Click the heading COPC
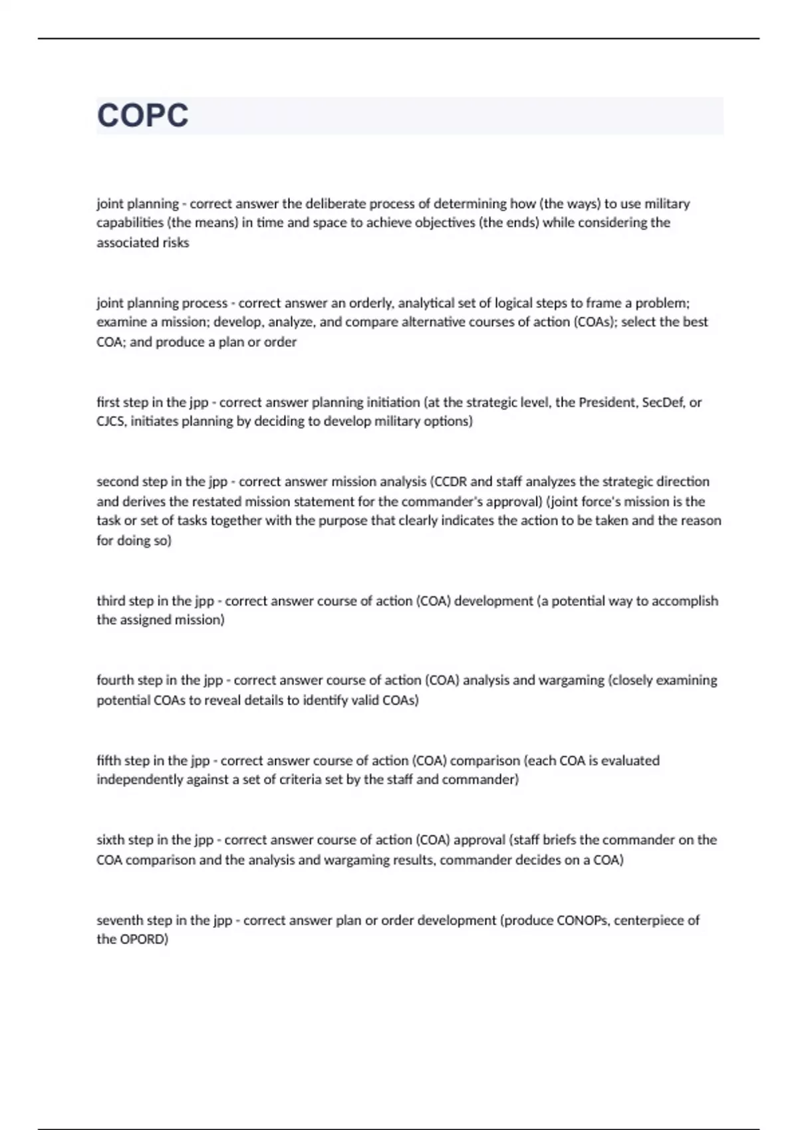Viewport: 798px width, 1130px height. coord(142,116)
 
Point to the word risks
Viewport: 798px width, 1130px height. coord(176,243)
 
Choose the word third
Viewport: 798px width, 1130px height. coord(110,601)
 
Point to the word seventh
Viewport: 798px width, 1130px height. coord(120,921)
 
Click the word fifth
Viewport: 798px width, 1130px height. coord(108,760)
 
